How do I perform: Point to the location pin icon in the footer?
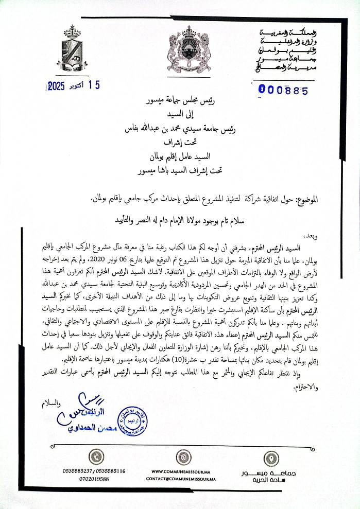270,457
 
